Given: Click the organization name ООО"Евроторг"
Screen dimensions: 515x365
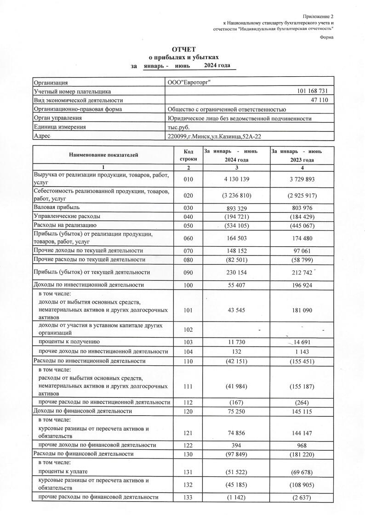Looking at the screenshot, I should click(191, 82).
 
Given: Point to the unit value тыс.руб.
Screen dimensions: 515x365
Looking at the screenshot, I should click(179, 127).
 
